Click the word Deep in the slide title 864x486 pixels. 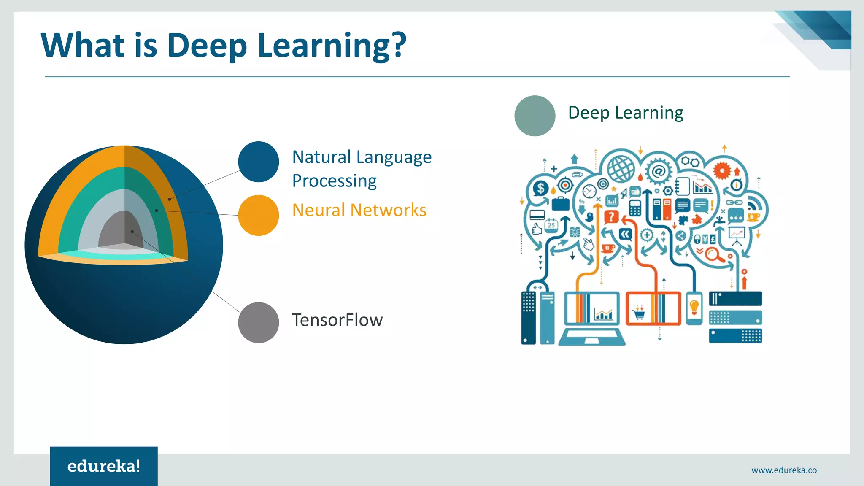(x=207, y=46)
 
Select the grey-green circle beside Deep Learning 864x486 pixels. (x=535, y=116)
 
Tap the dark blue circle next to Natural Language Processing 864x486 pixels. (x=258, y=162)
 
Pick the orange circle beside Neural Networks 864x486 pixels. (x=258, y=215)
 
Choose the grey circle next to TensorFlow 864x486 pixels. (x=258, y=322)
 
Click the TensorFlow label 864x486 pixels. (x=337, y=320)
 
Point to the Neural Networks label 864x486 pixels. (x=359, y=210)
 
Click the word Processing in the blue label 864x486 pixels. (x=334, y=181)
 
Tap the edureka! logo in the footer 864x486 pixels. (x=104, y=466)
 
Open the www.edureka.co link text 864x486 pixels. (x=784, y=470)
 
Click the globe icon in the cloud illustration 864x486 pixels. (x=621, y=169)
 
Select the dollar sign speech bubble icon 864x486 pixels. (x=541, y=188)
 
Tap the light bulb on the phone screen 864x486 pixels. (x=694, y=306)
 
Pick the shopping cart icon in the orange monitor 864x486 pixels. (x=639, y=313)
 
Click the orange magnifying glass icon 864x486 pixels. (x=713, y=255)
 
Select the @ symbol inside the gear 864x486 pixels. (x=658, y=171)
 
